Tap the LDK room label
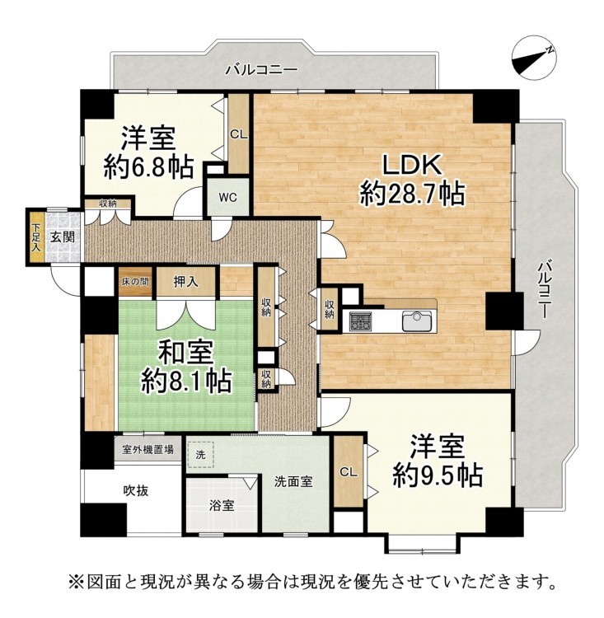(x=412, y=165)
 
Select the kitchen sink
(x=418, y=321)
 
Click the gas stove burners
(x=361, y=321)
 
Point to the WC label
(x=228, y=197)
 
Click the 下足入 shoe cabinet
(x=36, y=237)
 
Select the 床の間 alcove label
(x=135, y=282)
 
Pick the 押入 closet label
(x=185, y=282)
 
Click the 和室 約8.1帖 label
(x=186, y=367)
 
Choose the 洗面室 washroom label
(x=293, y=481)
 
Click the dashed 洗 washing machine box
(x=200, y=454)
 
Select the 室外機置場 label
(x=147, y=449)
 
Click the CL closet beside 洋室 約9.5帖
(x=348, y=471)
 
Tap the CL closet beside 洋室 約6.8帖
(x=238, y=134)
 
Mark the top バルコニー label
(x=261, y=71)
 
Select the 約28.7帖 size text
(x=412, y=193)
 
